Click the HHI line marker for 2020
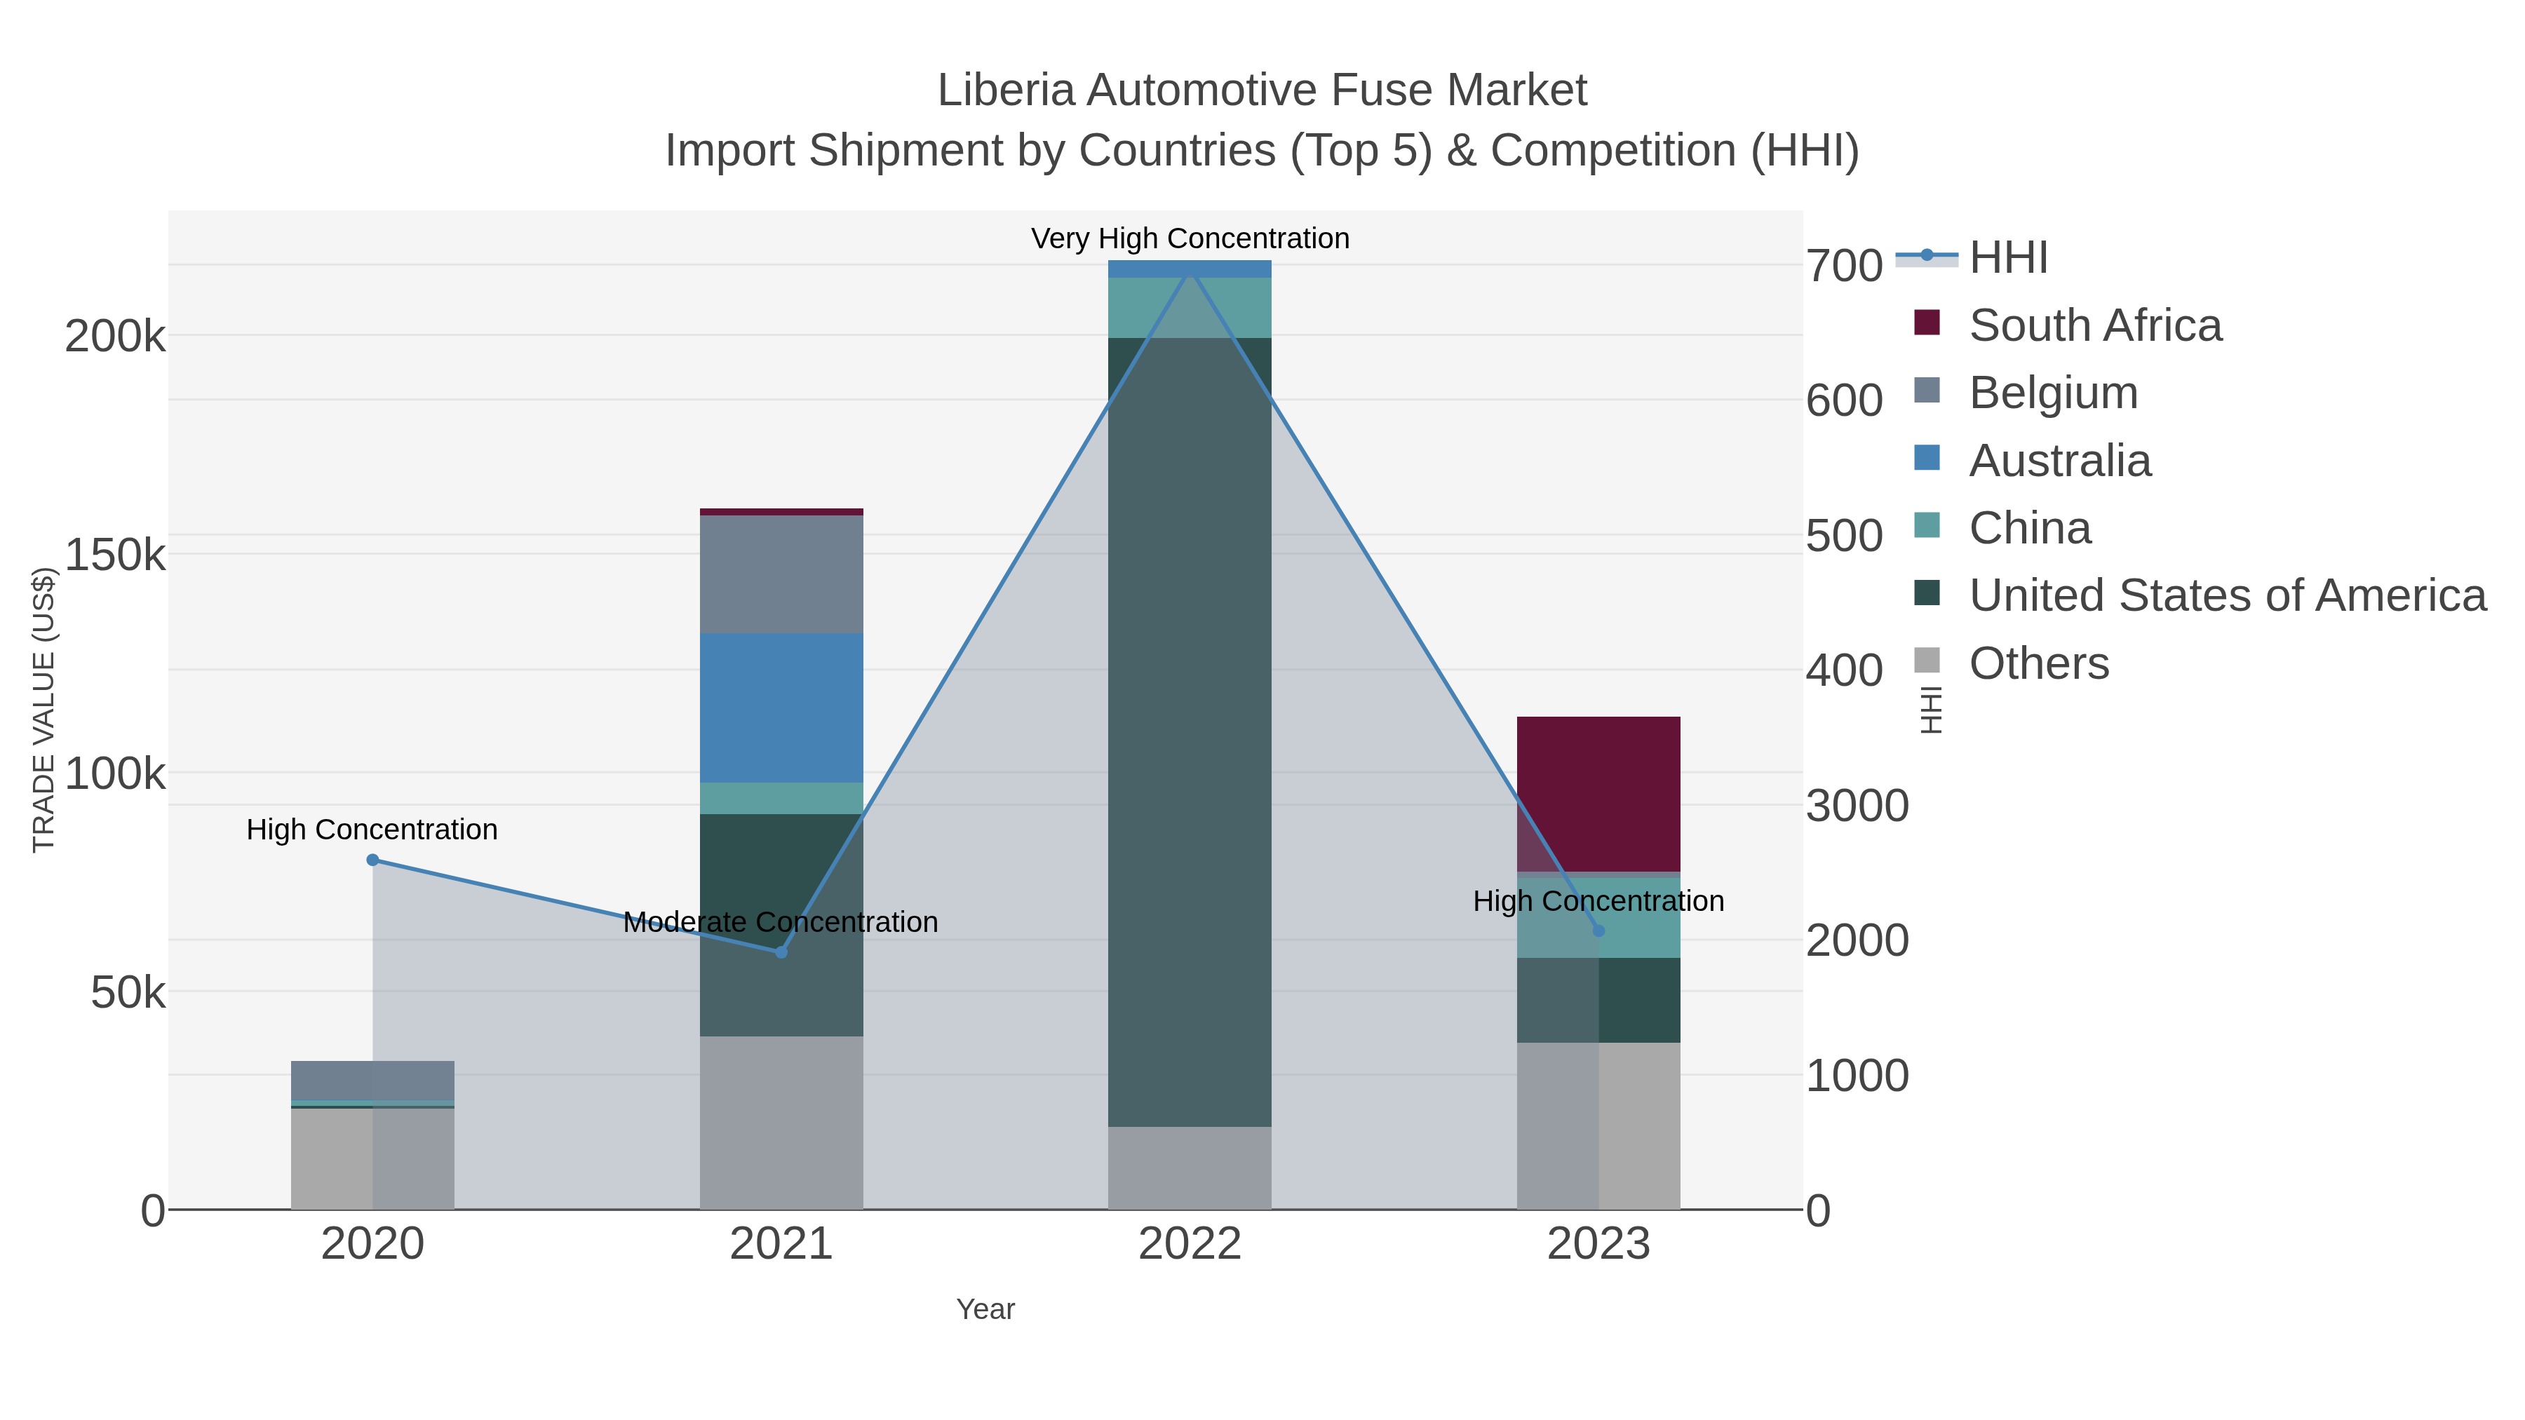tap(372, 860)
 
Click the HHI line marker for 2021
tap(781, 952)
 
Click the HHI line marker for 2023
tap(1598, 930)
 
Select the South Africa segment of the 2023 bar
tap(1598, 794)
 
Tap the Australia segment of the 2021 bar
tap(781, 708)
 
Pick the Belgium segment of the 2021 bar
tap(781, 574)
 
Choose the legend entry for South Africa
tap(2094, 325)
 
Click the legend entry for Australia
tap(2059, 461)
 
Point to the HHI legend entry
tap(2007, 258)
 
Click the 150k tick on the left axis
tap(115, 555)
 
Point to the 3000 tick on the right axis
tap(1857, 806)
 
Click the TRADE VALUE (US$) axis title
tap(44, 710)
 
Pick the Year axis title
tap(985, 1309)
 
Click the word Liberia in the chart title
tap(1006, 90)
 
